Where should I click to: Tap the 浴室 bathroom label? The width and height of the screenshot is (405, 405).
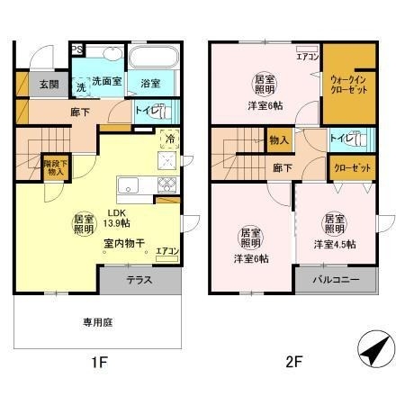(150, 84)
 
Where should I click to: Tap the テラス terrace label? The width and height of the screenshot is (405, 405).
(139, 280)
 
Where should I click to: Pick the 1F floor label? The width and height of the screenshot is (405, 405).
(98, 363)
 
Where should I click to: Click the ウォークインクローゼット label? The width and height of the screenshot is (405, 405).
(348, 85)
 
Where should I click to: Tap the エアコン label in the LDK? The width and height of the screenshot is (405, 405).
(166, 252)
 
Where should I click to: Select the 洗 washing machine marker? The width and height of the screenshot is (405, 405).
(81, 87)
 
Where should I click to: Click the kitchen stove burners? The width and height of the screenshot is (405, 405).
(167, 186)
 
